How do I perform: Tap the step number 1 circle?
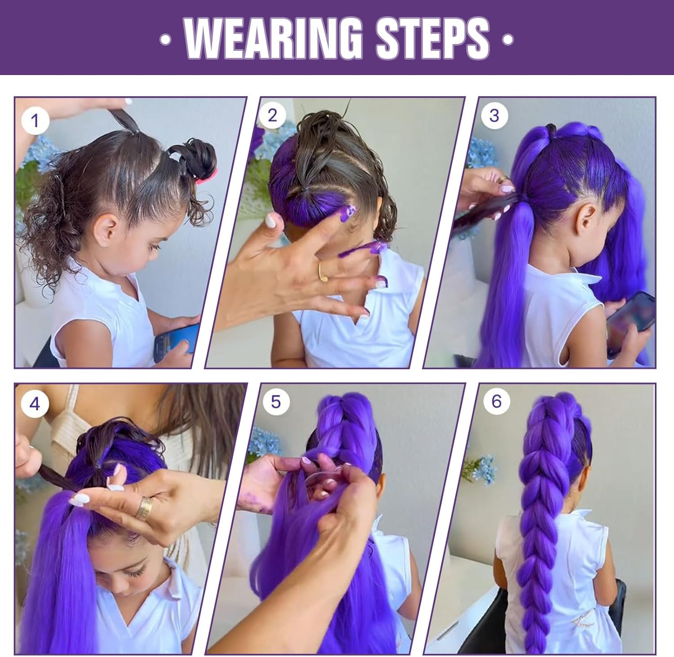pos(35,120)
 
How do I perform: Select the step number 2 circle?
pos(272,115)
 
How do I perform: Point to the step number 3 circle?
pos(494,115)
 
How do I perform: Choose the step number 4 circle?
pos(34,404)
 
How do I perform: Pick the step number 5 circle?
pos(275,401)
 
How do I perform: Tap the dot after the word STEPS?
pos(507,40)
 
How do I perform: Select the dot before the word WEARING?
pos(166,40)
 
